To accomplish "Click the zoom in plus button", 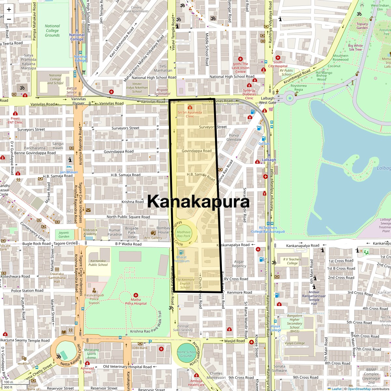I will (x=9, y=9).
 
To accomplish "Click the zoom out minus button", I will (x=9, y=19).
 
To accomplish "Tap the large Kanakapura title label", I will (x=198, y=202).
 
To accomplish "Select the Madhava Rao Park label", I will (x=183, y=234).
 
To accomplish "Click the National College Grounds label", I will (x=52, y=31).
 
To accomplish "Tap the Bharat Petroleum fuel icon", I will (x=181, y=252).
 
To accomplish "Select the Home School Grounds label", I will (x=187, y=354).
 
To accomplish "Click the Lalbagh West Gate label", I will (x=267, y=100).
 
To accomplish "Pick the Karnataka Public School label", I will (x=98, y=263).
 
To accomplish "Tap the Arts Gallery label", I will (x=153, y=238).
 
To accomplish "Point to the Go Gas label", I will (x=264, y=143).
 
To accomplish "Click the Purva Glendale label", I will (x=234, y=137).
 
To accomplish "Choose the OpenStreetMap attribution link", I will (x=359, y=389).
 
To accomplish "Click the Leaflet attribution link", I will (x=337, y=389).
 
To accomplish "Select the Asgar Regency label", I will (x=239, y=264).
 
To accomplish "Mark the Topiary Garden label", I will (x=362, y=26).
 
